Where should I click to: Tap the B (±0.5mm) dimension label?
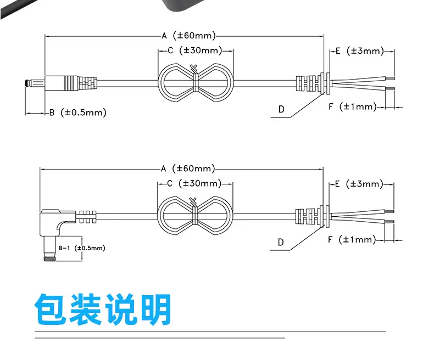pos(77,113)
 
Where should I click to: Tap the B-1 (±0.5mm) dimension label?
pos(81,248)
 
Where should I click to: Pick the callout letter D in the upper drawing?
pos(281,109)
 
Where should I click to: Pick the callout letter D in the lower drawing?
pos(281,242)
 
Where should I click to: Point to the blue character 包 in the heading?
pos(52,310)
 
